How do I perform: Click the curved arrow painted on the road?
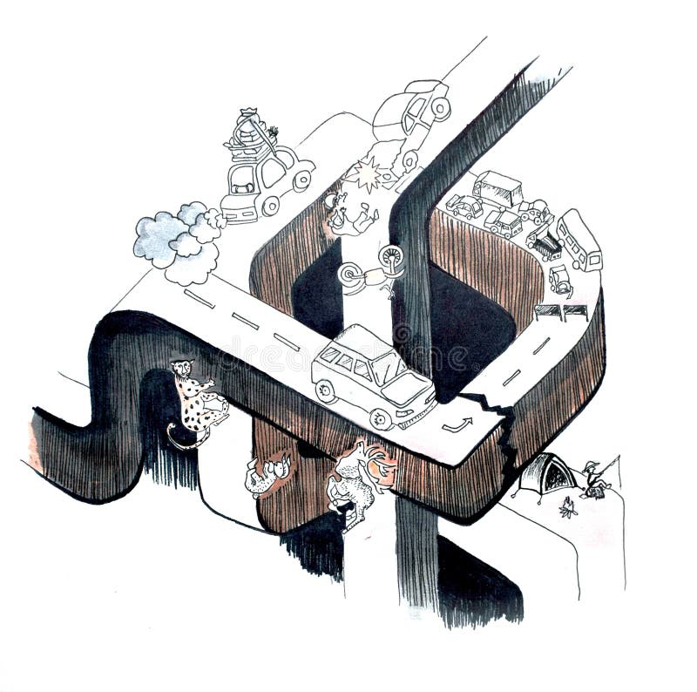tap(457, 424)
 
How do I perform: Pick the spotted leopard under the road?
tap(199, 401)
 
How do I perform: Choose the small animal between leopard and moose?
tap(267, 474)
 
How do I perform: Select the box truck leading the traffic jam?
tap(497, 188)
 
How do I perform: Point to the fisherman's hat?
tap(592, 466)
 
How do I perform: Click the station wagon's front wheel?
tap(381, 418)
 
